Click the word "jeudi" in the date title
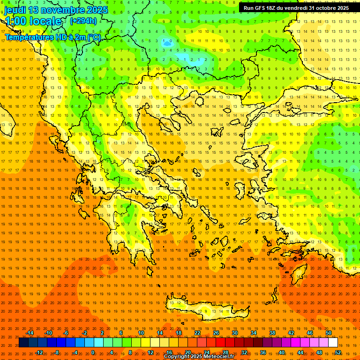point(15,10)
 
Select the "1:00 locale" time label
point(33,21)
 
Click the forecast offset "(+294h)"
point(83,21)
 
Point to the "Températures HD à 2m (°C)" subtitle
point(52,37)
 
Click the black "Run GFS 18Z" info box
point(296,8)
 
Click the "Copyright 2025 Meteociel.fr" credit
point(199,357)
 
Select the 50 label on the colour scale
point(329,333)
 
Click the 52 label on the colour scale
point(338,352)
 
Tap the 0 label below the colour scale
point(93,352)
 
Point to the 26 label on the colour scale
point(216,333)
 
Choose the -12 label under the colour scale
point(39,352)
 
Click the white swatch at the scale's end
point(333,343)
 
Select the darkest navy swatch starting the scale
point(23,343)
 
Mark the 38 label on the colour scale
point(272,333)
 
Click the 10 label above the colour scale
point(141,333)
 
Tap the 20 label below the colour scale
point(187,352)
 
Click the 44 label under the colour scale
point(300,352)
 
